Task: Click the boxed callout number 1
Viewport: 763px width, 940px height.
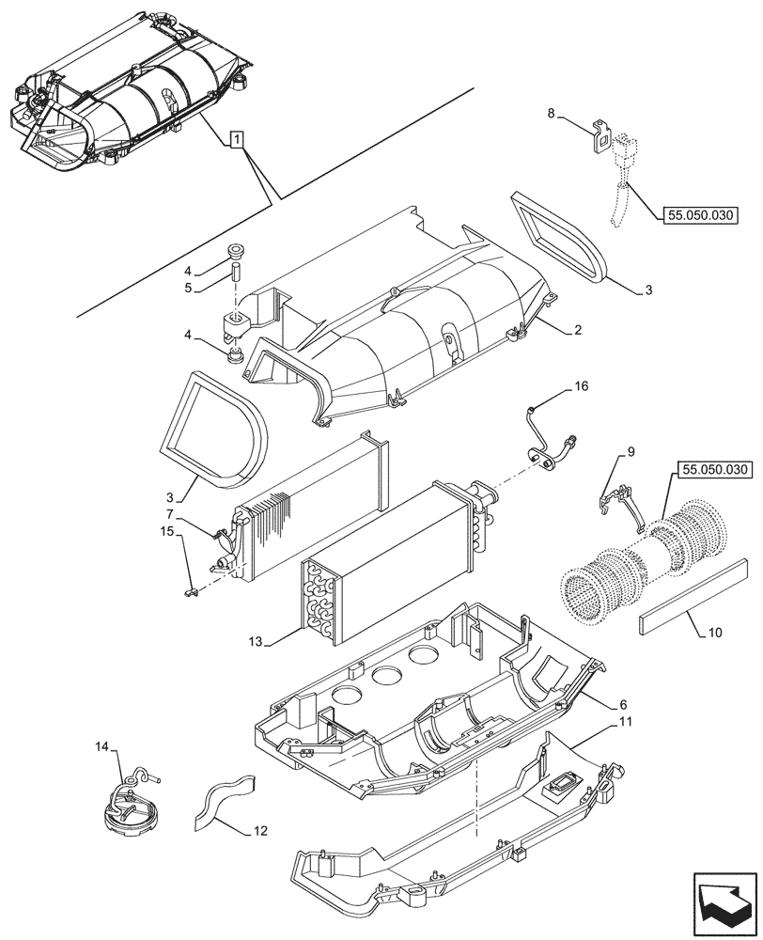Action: click(x=239, y=139)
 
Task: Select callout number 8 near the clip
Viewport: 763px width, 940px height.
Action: click(x=553, y=115)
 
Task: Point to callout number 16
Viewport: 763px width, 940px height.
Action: click(x=582, y=387)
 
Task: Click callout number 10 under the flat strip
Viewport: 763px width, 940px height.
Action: click(x=714, y=632)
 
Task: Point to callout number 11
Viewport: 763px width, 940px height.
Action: click(x=625, y=721)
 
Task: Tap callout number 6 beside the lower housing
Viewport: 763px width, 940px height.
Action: click(x=624, y=703)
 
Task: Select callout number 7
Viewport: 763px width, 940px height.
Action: click(x=168, y=514)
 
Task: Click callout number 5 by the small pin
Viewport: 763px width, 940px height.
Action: click(x=189, y=288)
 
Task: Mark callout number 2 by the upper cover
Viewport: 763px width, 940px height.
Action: click(x=580, y=329)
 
